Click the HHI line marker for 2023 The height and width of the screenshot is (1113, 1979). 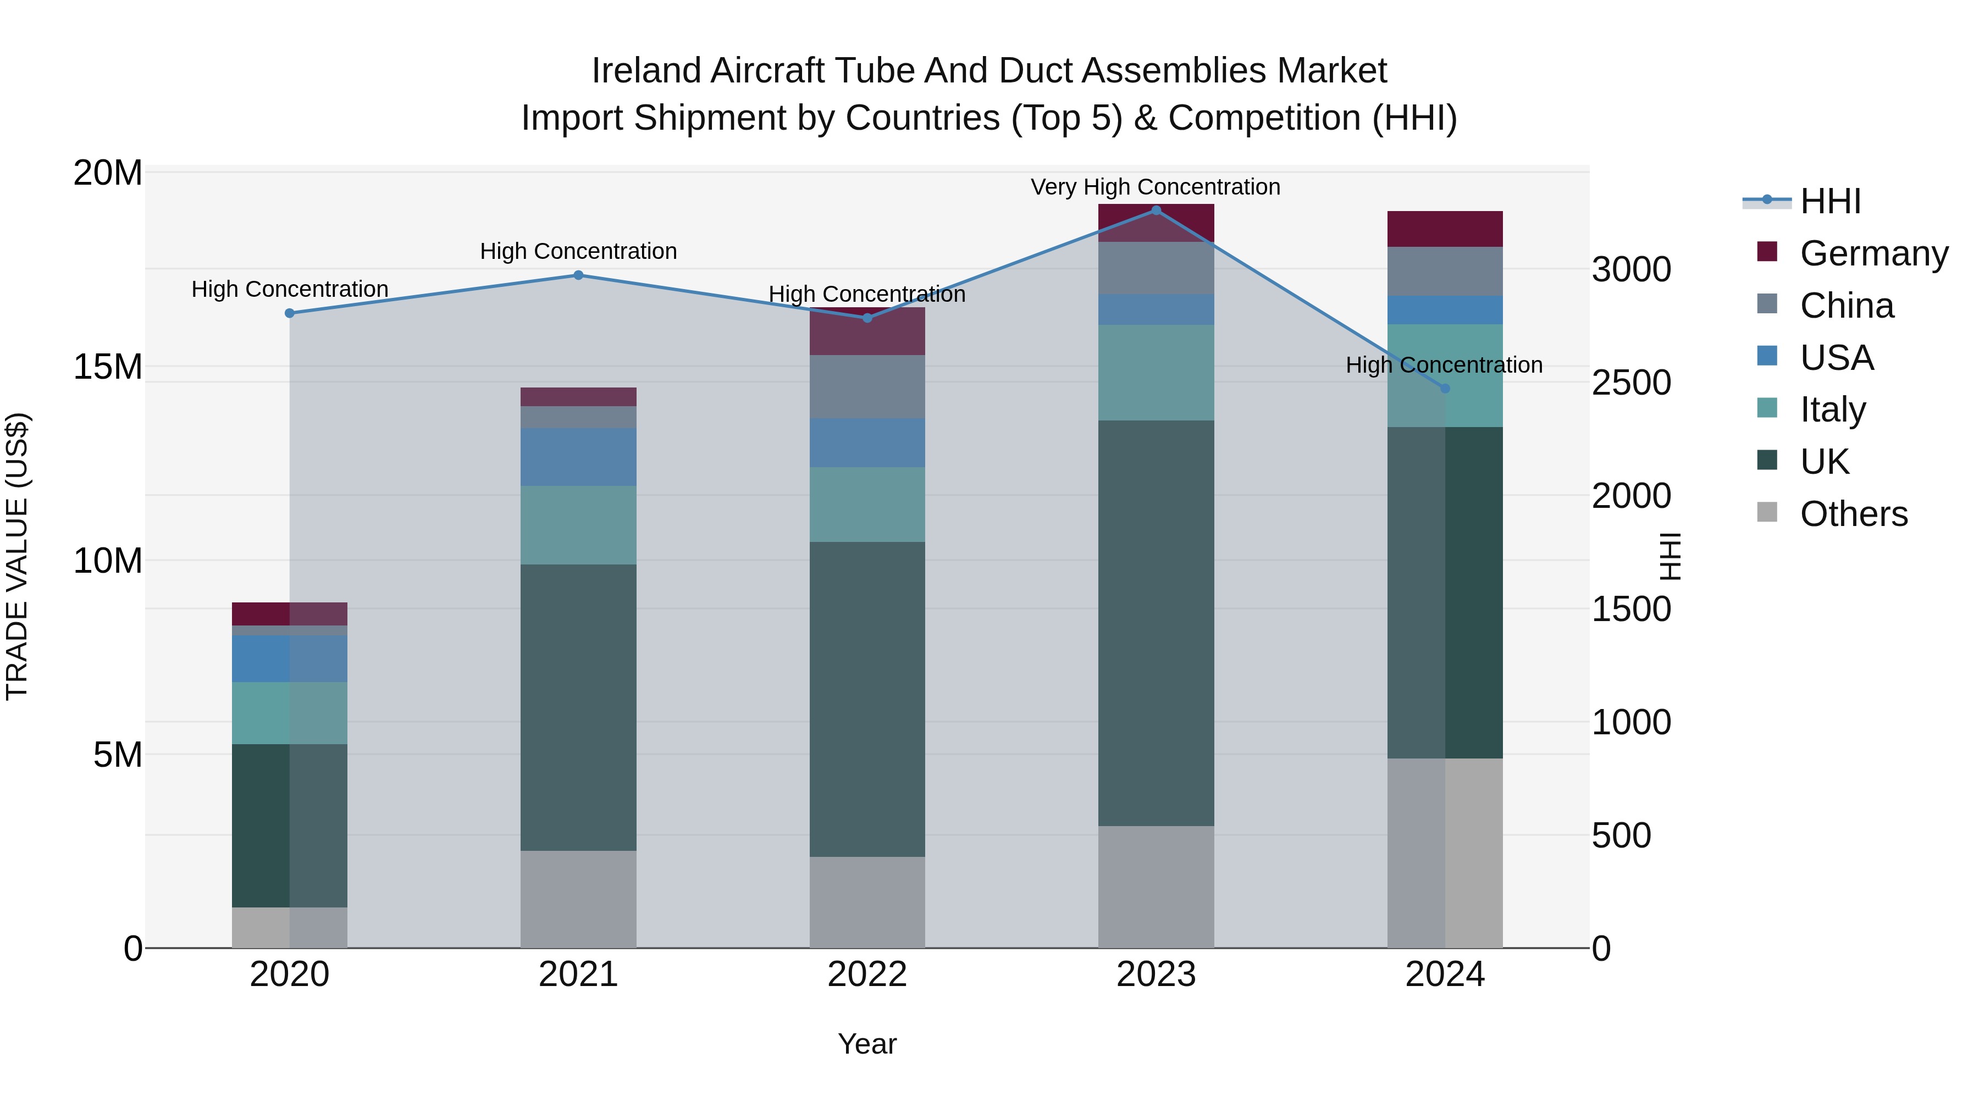[1156, 211]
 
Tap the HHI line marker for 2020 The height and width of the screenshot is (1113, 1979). [290, 313]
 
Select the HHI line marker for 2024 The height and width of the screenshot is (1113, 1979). [1444, 389]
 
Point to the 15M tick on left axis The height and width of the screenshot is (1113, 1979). [108, 367]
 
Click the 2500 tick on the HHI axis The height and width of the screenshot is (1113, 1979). [1630, 383]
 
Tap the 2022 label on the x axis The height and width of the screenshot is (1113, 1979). [866, 974]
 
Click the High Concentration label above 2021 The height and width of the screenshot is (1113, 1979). [578, 251]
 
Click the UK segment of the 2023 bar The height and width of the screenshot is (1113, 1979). [1156, 622]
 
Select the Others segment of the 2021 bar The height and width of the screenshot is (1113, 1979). [578, 899]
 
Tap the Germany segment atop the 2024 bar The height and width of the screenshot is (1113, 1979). [1444, 229]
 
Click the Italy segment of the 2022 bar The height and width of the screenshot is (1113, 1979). [866, 504]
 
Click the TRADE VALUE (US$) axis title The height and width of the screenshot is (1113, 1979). [17, 556]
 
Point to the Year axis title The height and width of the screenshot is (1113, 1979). [866, 1044]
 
